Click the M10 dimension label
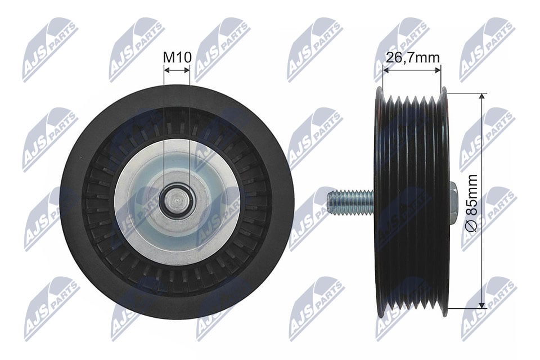click(x=177, y=57)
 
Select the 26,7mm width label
click(x=412, y=57)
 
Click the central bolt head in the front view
click(x=177, y=200)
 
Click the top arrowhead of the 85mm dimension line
click(x=481, y=97)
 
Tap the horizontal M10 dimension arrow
click(x=177, y=70)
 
